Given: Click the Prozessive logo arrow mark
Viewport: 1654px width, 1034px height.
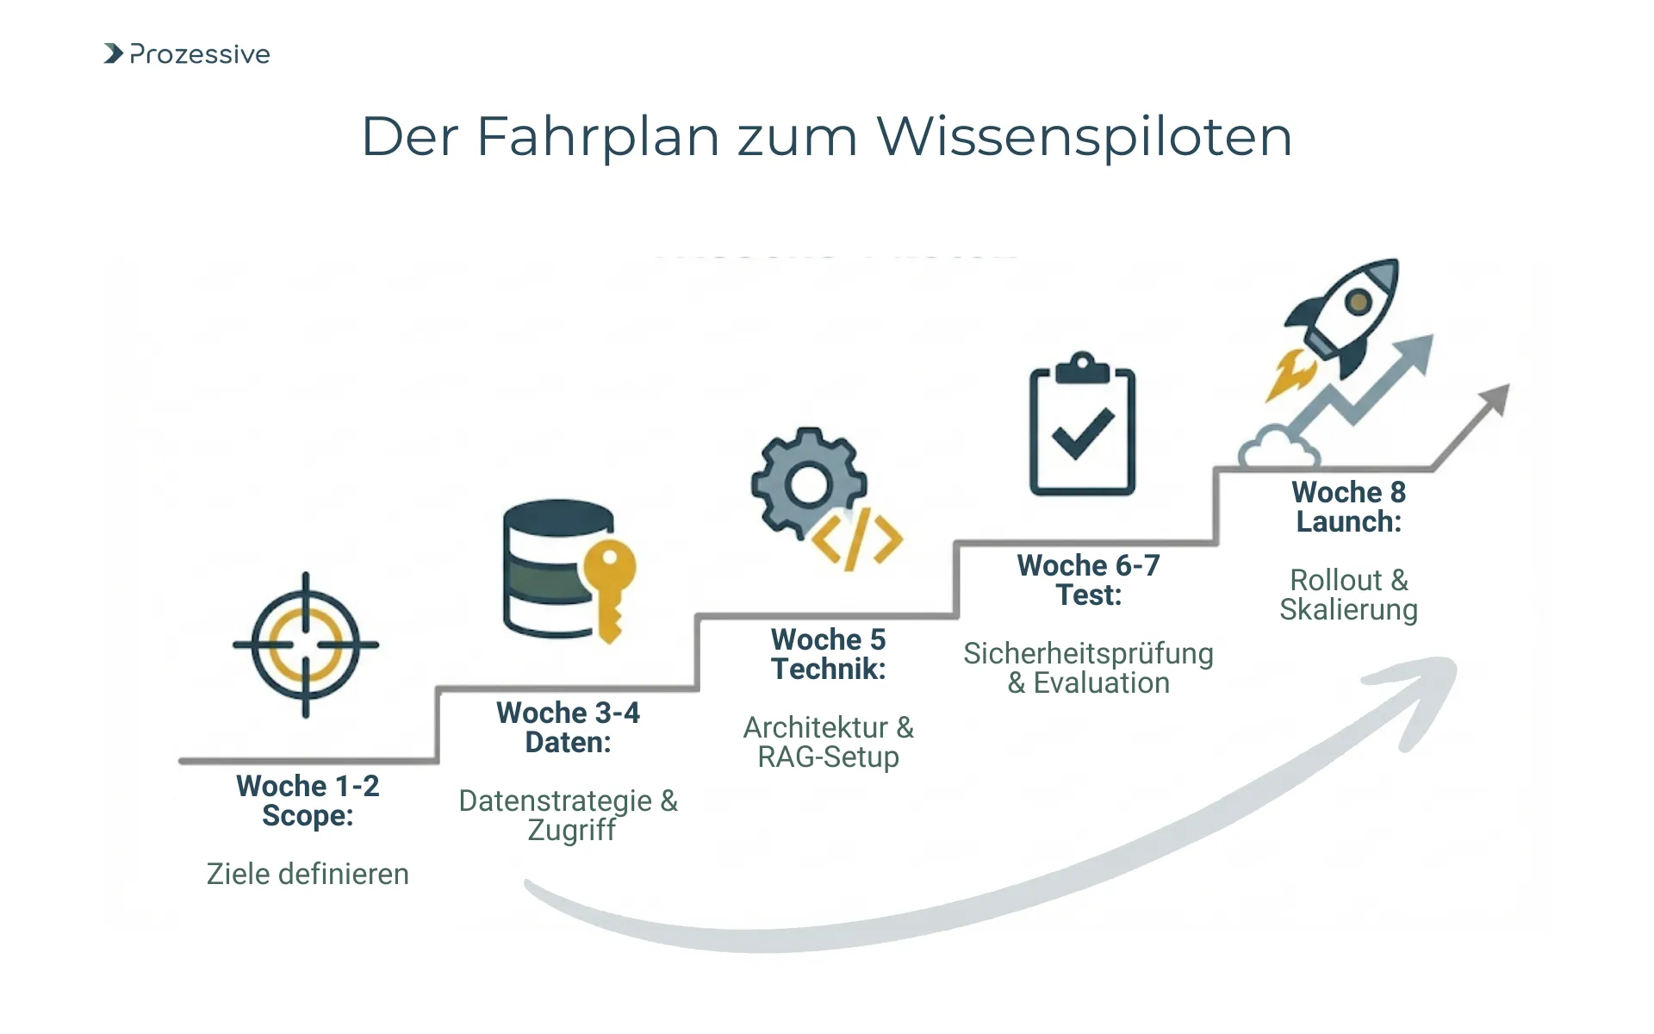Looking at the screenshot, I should (113, 53).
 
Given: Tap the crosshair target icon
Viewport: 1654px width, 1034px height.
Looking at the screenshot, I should (306, 645).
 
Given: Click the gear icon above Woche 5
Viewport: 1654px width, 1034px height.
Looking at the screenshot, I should (807, 483).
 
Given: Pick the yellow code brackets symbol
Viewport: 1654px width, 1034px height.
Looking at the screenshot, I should (857, 541).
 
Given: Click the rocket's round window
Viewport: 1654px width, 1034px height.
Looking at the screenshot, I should (1359, 302).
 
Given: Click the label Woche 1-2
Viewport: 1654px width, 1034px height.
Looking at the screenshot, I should (308, 786).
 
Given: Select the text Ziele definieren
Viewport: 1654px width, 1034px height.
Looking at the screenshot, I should (308, 874).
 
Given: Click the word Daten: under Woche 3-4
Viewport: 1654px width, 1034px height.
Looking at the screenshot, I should (568, 743).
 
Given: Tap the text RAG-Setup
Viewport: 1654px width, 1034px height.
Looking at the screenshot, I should (828, 757).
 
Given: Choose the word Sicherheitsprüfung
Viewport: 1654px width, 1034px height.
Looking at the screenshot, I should (1088, 653).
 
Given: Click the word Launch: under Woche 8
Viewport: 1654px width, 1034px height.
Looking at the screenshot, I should (1348, 522).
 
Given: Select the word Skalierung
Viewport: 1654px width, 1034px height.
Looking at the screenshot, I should (1348, 610).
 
